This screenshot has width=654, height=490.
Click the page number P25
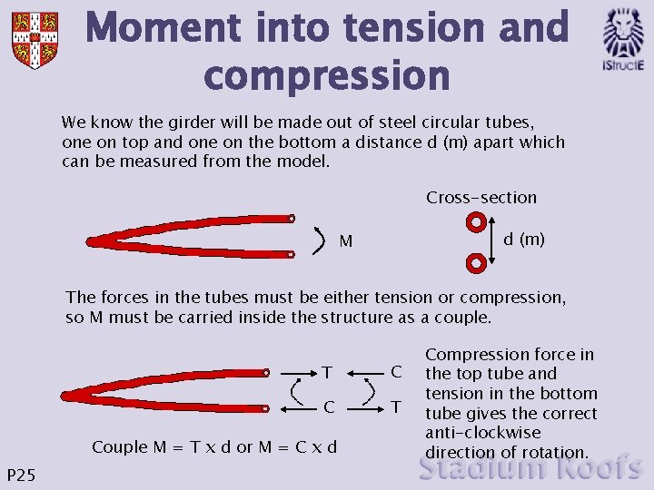[x=20, y=474]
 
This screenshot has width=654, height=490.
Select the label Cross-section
[x=481, y=198]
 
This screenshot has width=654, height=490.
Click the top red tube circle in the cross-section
[x=475, y=221]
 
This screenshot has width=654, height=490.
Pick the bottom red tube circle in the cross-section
[x=475, y=263]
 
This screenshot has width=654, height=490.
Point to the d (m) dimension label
[x=524, y=240]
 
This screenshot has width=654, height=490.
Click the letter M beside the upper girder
[x=346, y=242]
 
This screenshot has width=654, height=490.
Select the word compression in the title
[x=327, y=76]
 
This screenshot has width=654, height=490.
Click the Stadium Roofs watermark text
[x=531, y=468]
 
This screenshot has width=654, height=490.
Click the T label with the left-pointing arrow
[x=327, y=372]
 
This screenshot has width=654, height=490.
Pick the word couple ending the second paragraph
[x=466, y=318]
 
